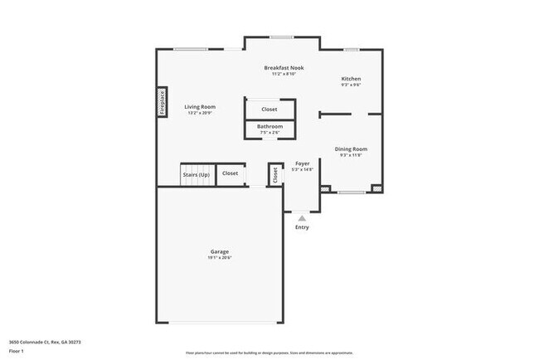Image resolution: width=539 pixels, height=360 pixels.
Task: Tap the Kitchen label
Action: (351, 79)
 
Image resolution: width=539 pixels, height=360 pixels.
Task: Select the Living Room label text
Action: (200, 106)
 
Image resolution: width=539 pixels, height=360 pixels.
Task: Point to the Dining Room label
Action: (351, 148)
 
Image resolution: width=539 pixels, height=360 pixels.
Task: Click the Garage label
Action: (220, 251)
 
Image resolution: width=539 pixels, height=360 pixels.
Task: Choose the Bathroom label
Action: (269, 126)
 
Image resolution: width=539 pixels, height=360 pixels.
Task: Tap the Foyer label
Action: (303, 163)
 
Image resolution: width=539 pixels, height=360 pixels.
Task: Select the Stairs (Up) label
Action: (196, 174)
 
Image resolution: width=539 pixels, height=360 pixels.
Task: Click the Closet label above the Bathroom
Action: (269, 109)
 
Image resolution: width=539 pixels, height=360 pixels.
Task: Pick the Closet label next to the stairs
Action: (230, 173)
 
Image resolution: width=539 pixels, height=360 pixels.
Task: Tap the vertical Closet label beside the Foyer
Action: (274, 174)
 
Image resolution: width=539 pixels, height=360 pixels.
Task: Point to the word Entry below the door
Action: (302, 226)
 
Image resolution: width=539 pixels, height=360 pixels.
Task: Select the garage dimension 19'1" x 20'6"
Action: (220, 258)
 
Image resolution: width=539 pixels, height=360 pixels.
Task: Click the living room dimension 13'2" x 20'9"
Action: (200, 113)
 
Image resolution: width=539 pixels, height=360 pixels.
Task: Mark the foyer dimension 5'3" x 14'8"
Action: (303, 170)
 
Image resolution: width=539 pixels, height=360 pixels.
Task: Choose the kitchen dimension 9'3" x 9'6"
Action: (351, 85)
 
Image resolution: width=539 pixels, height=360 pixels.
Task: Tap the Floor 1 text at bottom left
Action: (17, 351)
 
